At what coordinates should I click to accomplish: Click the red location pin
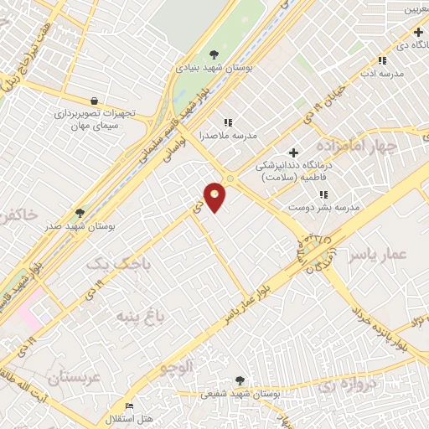point(215,196)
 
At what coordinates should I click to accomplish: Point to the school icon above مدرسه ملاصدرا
point(228,122)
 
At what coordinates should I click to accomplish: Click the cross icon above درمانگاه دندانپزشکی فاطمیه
point(293,152)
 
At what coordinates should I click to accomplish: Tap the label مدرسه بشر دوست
point(323,206)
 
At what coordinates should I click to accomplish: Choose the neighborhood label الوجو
point(177,366)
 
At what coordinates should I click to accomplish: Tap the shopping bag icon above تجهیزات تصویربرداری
point(95,100)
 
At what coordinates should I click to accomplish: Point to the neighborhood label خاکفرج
point(19,215)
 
